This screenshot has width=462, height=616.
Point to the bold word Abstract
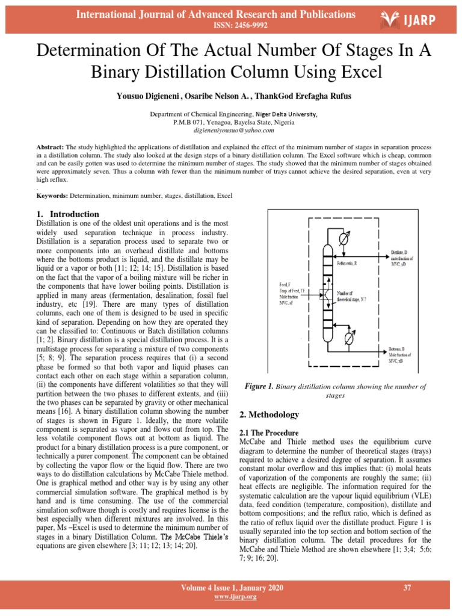50,147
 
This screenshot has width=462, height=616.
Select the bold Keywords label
52,196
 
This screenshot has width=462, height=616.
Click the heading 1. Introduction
68,214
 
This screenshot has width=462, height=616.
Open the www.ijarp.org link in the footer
232,597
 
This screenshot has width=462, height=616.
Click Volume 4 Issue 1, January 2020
232,588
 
